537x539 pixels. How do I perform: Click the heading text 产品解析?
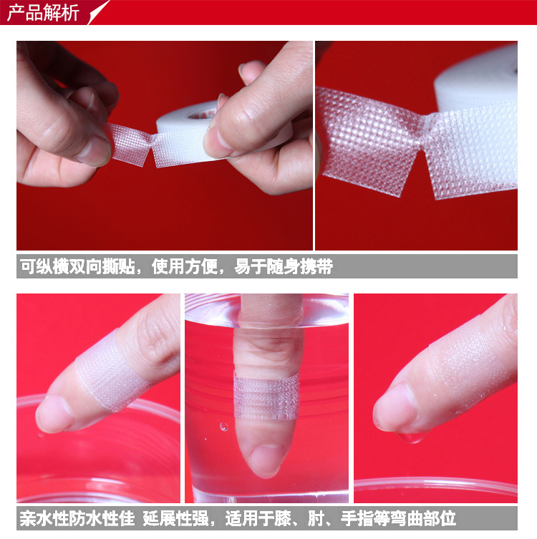coord(43,13)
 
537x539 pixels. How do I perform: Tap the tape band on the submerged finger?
coord(266,395)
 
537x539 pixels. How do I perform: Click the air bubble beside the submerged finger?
coord(224,427)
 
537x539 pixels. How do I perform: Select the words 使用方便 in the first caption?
coord(185,266)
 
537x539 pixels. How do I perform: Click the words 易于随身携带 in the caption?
coord(284,266)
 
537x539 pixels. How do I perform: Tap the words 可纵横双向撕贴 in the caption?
coord(77,266)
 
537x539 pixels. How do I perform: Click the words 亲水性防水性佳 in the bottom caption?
coord(77,519)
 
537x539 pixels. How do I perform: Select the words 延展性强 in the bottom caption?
coord(175,519)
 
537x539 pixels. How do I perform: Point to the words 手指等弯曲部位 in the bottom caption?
coord(398,519)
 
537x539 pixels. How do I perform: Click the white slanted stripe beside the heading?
coord(99,12)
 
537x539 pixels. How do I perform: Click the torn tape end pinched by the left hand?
coord(128,145)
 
